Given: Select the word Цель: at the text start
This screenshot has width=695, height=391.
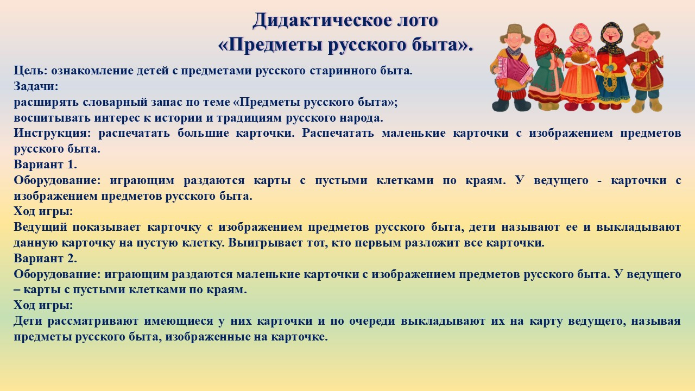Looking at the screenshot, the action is [x=30, y=71].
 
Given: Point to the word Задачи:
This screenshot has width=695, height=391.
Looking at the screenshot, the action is [x=36, y=86].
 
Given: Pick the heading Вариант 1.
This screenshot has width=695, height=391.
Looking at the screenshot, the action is [x=45, y=165].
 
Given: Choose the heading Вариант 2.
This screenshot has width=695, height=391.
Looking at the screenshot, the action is [x=45, y=258].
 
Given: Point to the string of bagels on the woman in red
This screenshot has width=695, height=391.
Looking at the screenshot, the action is [x=609, y=80].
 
